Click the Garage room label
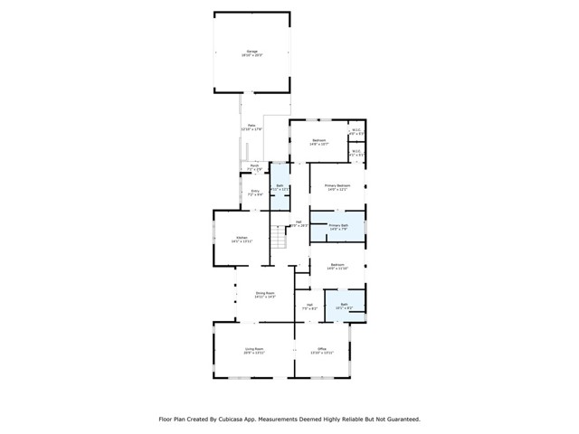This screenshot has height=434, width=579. (x=252, y=52)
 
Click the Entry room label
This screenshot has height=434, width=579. (x=255, y=191)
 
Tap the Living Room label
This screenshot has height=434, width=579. (x=253, y=349)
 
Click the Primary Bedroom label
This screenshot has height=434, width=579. (x=337, y=186)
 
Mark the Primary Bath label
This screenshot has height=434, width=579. (x=337, y=226)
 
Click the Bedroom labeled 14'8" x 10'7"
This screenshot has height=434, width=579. (x=318, y=141)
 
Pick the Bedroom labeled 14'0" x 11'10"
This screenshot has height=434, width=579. (x=337, y=266)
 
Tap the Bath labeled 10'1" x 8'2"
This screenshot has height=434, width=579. (x=345, y=306)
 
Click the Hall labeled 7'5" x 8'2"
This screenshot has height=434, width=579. (x=309, y=306)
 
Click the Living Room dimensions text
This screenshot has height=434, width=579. (x=253, y=353)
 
